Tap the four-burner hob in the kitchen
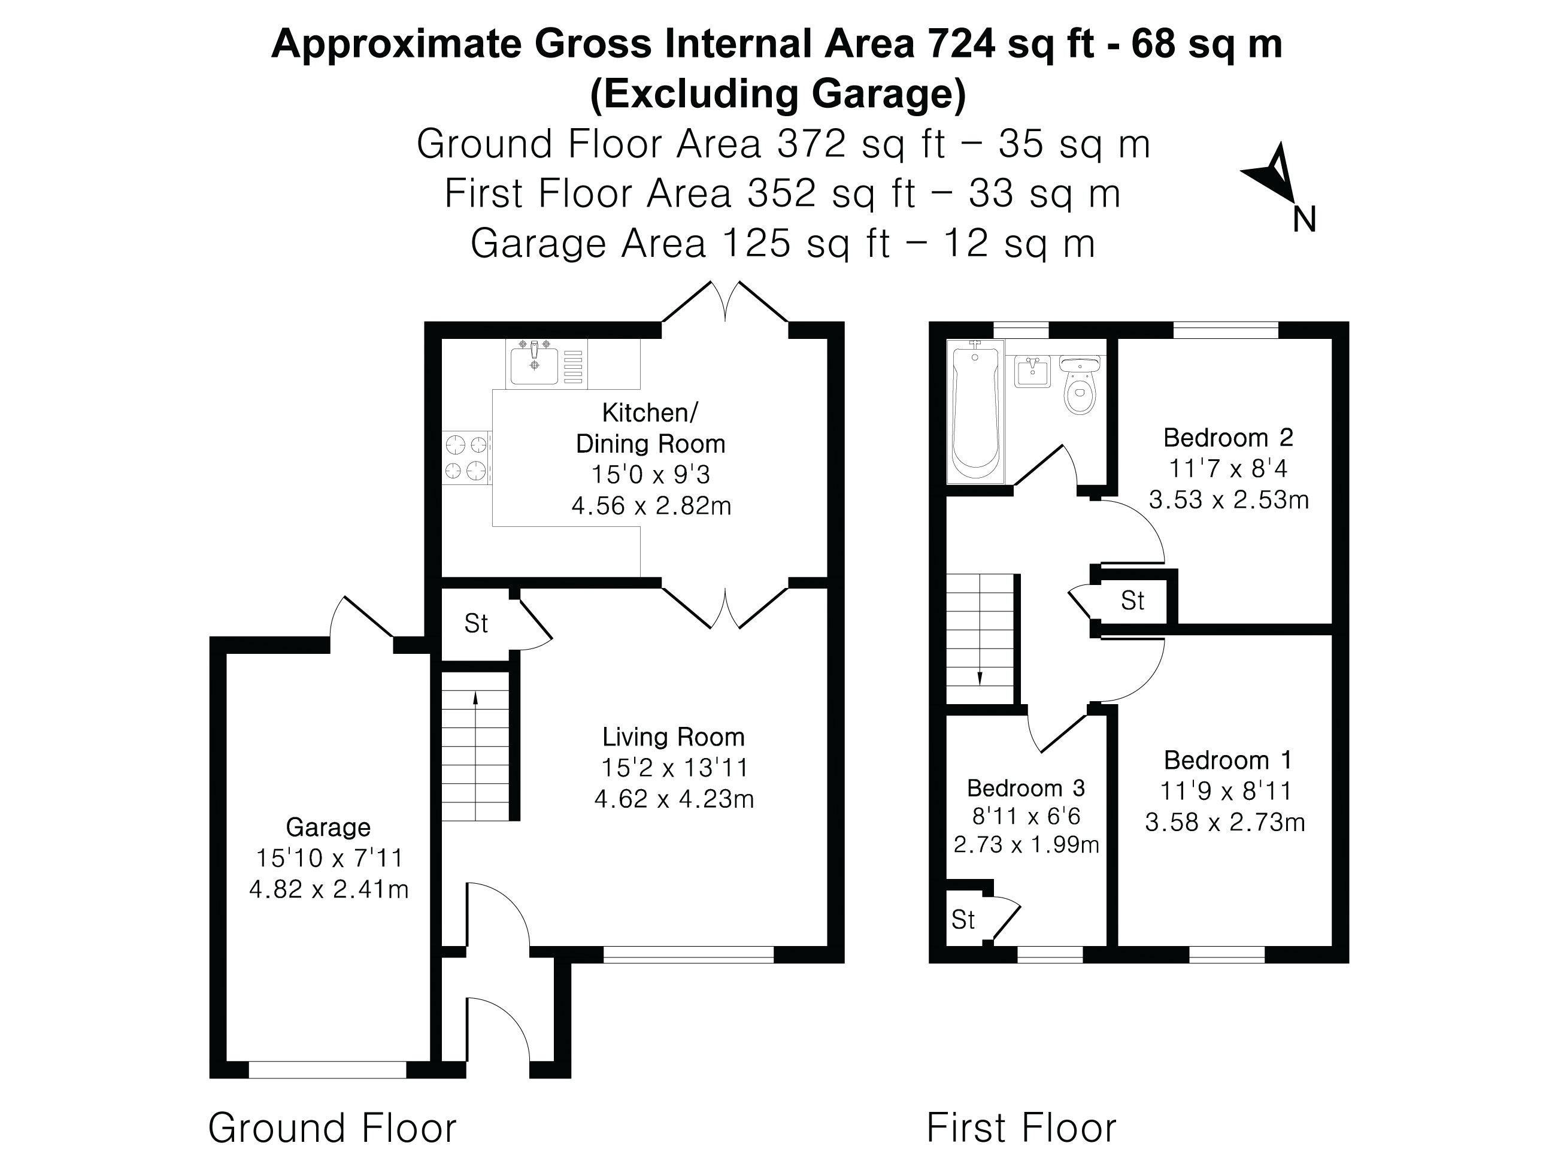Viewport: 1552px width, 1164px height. [466, 457]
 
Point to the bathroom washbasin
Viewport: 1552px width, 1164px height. [1032, 371]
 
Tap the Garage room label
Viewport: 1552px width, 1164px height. [328, 827]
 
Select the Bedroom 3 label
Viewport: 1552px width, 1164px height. [1026, 788]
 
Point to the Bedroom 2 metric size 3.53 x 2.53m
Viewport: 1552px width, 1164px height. [1229, 499]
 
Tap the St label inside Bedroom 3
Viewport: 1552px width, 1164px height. [963, 920]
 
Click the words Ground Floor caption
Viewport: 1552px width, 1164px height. [332, 1128]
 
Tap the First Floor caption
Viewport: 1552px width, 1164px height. [1021, 1128]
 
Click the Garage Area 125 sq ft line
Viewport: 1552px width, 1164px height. [783, 244]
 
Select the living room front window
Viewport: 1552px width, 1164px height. [689, 954]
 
